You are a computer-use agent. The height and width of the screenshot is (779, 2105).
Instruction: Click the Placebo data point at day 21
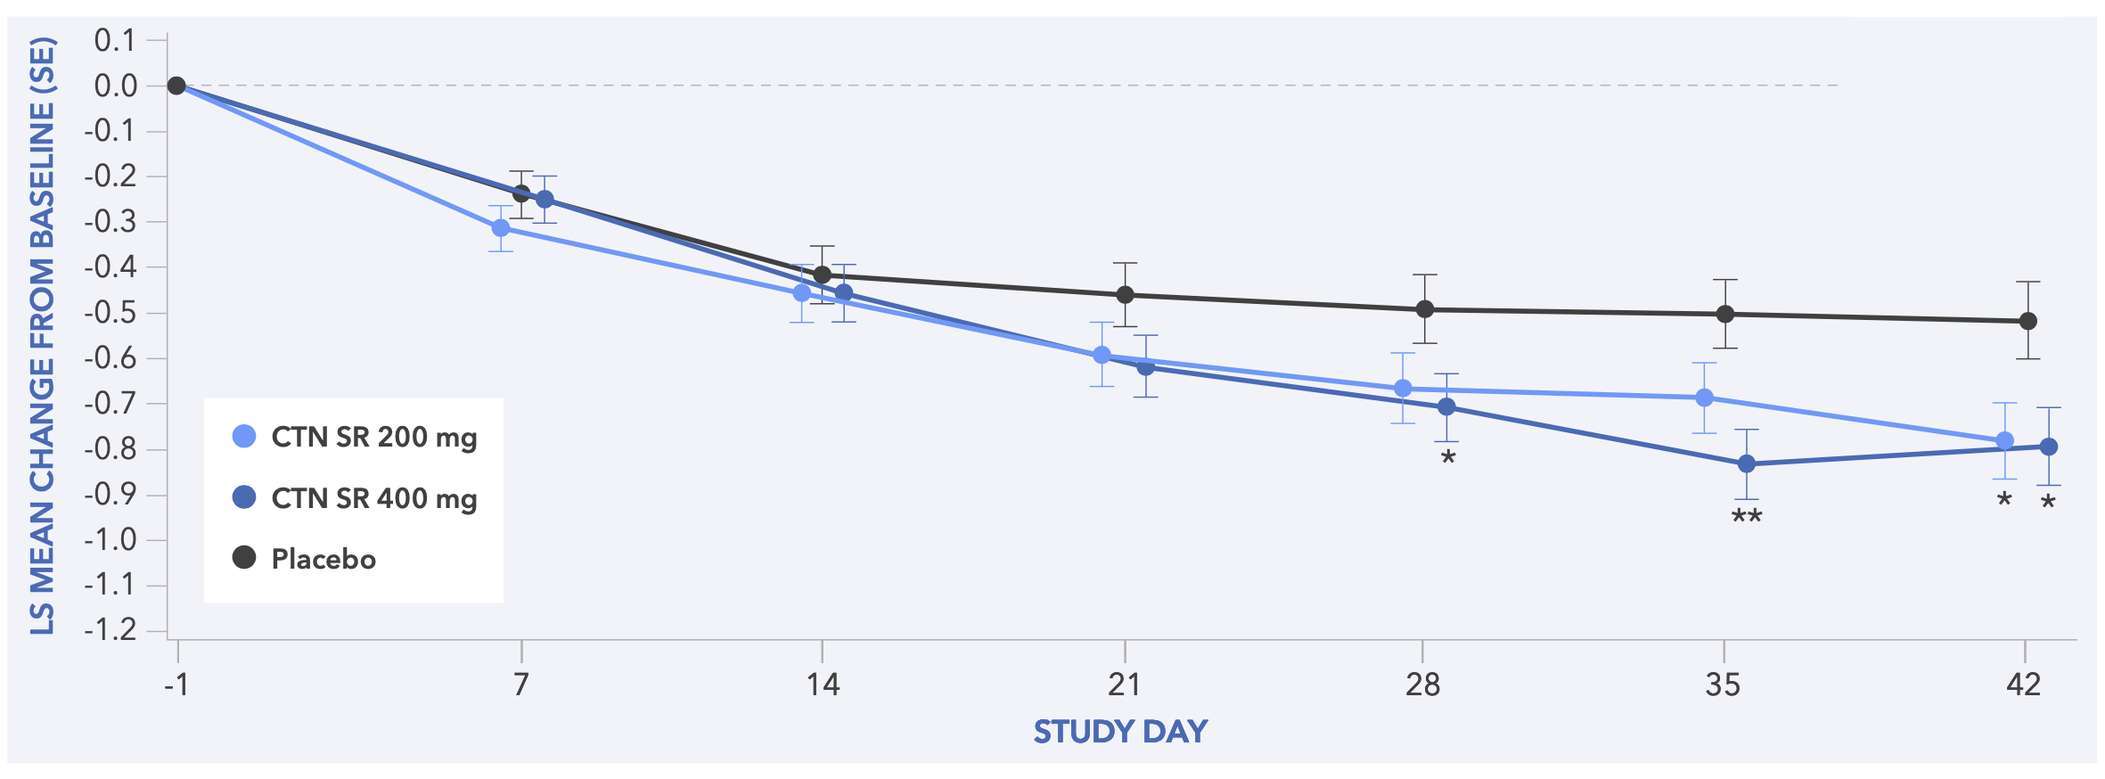coord(1125,294)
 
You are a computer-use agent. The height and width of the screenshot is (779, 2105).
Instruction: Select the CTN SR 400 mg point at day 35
coord(1747,463)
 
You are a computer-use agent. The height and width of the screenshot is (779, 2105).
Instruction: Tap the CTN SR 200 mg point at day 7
coord(501,228)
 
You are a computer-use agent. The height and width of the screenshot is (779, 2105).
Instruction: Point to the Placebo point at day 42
coord(2027,321)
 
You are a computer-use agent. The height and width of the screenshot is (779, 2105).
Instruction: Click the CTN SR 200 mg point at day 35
coord(1704,398)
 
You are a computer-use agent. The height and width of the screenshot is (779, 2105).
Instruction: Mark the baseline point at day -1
coord(176,86)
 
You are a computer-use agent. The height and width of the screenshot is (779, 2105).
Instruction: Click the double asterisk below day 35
coord(1747,518)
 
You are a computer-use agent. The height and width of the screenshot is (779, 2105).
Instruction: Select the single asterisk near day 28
coord(1448,459)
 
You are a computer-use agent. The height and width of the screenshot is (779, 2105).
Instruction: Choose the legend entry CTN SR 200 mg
coord(355,437)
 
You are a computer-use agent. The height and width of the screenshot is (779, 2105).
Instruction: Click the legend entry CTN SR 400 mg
coord(355,497)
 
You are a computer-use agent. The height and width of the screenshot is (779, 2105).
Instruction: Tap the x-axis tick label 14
coord(822,685)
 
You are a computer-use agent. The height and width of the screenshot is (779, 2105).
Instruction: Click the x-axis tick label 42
coord(2024,685)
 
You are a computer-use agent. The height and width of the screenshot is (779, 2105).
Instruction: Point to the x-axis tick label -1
coord(176,685)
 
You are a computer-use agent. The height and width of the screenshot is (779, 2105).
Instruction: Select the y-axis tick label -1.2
coord(111,630)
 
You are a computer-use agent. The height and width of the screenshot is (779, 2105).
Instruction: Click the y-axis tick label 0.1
coord(116,40)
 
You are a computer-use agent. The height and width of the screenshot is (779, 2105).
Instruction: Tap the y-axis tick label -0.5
coord(111,313)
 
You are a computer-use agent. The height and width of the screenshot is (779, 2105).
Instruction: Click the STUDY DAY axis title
coord(1120,732)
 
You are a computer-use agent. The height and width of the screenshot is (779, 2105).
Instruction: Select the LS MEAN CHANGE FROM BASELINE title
coord(43,336)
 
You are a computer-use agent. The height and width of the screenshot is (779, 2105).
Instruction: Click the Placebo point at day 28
coord(1425,309)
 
